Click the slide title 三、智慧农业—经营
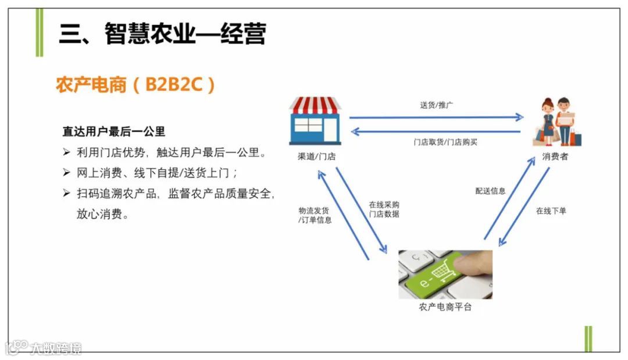pyautogui.click(x=162, y=34)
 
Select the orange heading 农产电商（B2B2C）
pyautogui.click(x=135, y=85)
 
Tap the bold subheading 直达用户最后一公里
pyautogui.click(x=114, y=132)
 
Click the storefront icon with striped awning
pyautogui.click(x=316, y=120)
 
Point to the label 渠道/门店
pyautogui.click(x=316, y=156)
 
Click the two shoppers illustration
pyautogui.click(x=558, y=121)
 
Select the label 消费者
pyautogui.click(x=555, y=156)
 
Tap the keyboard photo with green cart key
pyautogui.click(x=445, y=274)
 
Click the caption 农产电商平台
pyautogui.click(x=445, y=307)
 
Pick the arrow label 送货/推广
pyautogui.click(x=437, y=105)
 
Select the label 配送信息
pyautogui.click(x=490, y=191)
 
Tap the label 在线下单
pyautogui.click(x=551, y=211)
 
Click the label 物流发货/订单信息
pyautogui.click(x=315, y=215)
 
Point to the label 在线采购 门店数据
pyautogui.click(x=384, y=209)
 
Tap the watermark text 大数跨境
pyautogui.click(x=56, y=348)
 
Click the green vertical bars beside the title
pyautogui.click(x=39, y=33)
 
